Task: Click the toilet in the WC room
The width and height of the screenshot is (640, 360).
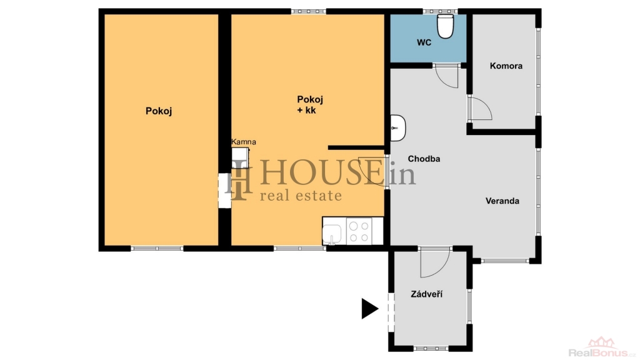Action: click(x=445, y=26)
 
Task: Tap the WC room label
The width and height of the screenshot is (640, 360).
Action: click(x=424, y=42)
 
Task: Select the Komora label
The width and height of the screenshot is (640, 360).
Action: click(x=506, y=66)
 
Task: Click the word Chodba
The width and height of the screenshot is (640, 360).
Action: click(x=424, y=159)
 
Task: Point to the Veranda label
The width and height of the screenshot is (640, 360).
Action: click(x=502, y=201)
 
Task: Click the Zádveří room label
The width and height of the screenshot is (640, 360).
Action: click(x=426, y=294)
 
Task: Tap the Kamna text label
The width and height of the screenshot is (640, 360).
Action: click(x=244, y=142)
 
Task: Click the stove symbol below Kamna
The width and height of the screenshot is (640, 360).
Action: click(x=241, y=157)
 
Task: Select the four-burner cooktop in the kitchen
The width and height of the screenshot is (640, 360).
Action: click(x=359, y=231)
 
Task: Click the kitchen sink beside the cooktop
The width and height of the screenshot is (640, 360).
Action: click(x=332, y=234)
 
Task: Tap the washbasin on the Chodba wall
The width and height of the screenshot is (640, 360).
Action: click(x=398, y=127)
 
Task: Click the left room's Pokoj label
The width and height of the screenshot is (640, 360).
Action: click(x=159, y=111)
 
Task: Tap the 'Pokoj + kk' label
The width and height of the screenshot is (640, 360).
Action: click(x=310, y=105)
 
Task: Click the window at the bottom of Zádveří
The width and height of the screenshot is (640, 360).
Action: click(x=431, y=349)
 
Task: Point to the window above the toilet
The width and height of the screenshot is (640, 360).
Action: click(x=439, y=11)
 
